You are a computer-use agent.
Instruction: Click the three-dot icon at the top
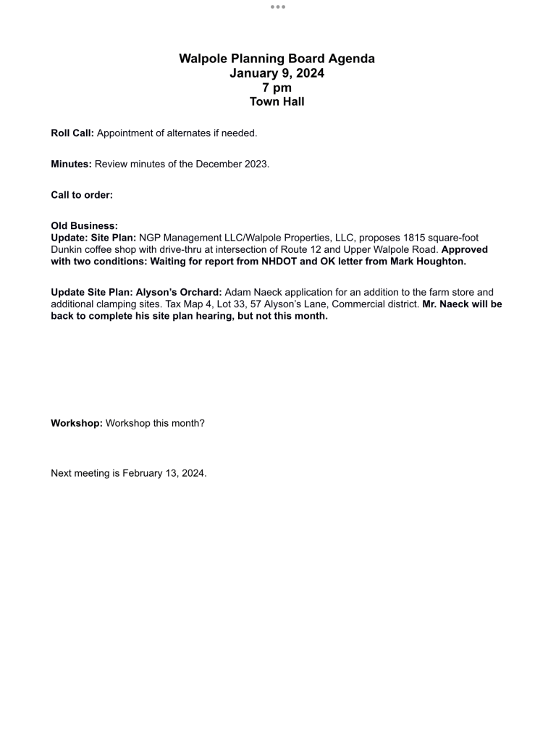coord(278,7)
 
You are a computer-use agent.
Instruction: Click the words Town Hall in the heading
coord(277,101)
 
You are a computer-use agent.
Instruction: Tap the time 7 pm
coord(277,88)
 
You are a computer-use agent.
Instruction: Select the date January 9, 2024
coord(277,73)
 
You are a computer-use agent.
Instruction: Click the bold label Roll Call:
coord(72,133)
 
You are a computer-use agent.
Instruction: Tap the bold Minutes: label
coord(71,164)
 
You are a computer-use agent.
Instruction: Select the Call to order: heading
coord(82,195)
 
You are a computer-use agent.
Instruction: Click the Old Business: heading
coord(84,226)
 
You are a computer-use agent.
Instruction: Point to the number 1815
coord(408,238)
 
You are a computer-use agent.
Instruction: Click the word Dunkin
coord(67,249)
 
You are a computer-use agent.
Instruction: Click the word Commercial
coord(358,304)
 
